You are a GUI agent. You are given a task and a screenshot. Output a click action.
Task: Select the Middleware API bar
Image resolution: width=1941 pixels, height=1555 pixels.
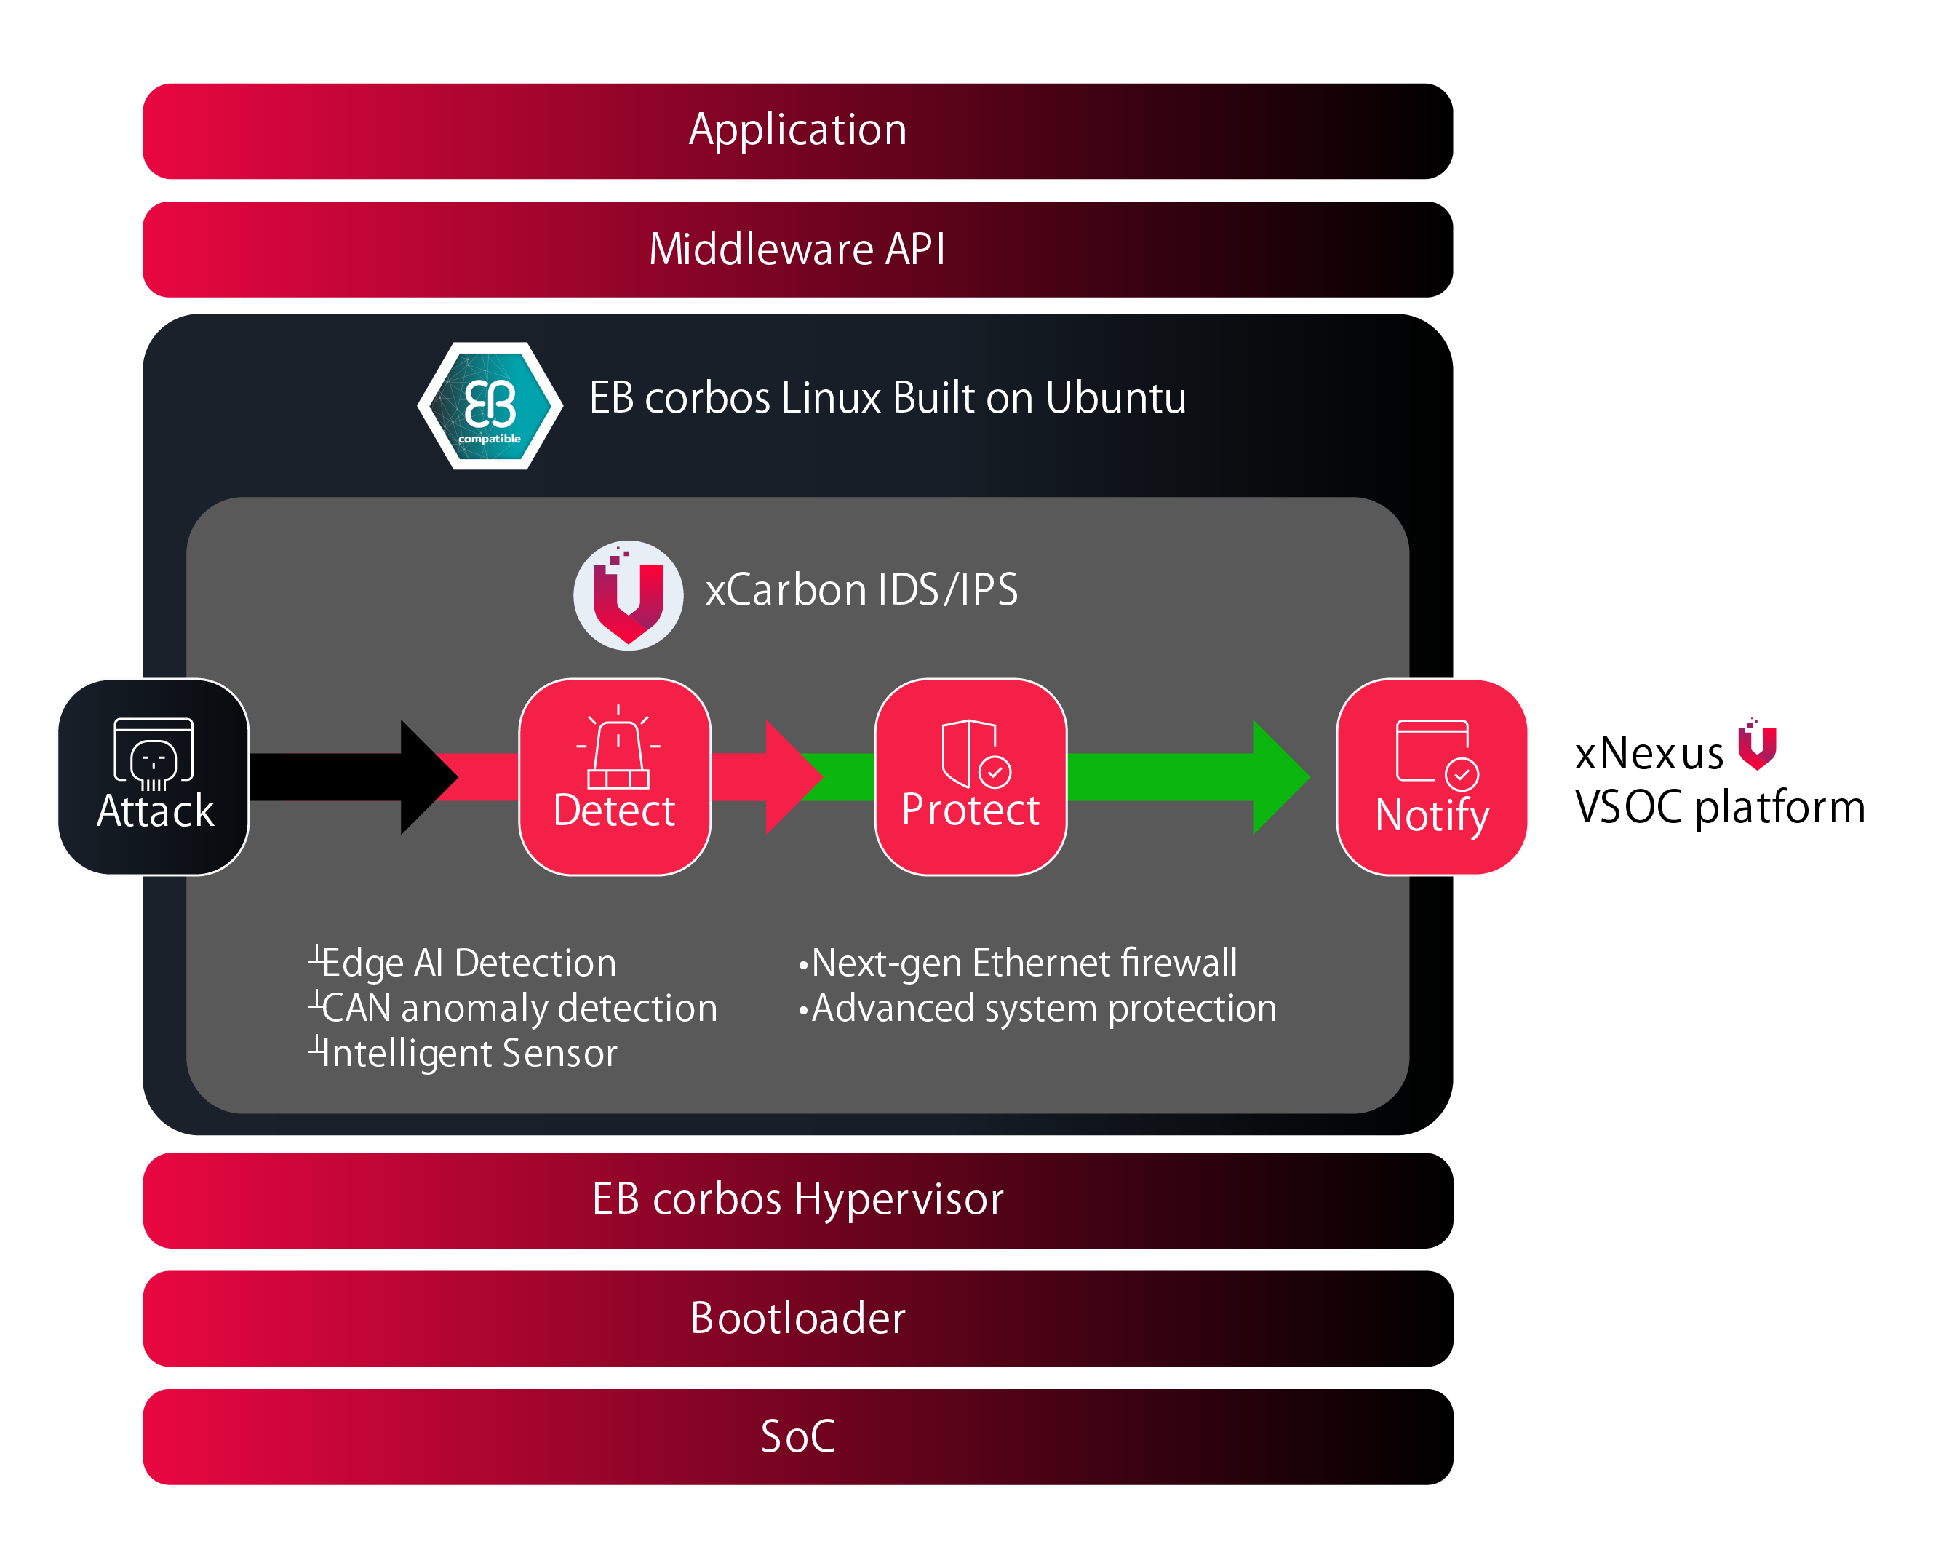click(x=797, y=250)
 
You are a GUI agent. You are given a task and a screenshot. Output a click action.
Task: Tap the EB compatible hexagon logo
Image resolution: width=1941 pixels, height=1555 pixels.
click(x=490, y=406)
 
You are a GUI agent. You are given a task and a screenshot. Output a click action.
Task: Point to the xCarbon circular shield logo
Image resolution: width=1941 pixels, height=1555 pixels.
click(x=628, y=595)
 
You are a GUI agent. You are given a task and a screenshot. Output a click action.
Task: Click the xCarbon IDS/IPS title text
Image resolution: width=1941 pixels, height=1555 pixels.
click(x=861, y=591)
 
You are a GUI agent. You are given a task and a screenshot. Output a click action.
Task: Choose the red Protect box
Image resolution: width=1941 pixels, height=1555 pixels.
click(x=970, y=776)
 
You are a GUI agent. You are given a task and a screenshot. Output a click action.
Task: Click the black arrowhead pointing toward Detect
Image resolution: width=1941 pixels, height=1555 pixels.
click(x=428, y=776)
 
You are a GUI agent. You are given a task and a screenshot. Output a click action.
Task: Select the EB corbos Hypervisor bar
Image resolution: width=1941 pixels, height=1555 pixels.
click(x=797, y=1199)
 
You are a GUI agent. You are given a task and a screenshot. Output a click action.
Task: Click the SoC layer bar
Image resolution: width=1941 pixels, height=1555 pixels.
click(x=797, y=1436)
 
